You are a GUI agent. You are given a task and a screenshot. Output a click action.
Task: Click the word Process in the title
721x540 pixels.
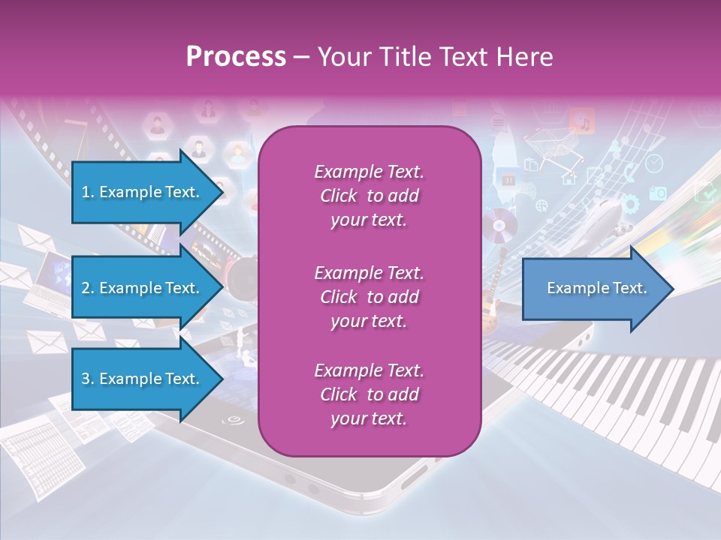[236, 56]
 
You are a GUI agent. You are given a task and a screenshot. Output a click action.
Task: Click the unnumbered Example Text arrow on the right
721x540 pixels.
[597, 289]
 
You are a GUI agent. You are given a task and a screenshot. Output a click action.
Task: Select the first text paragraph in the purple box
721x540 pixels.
[369, 196]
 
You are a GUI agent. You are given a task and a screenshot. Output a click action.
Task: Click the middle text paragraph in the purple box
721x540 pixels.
[369, 297]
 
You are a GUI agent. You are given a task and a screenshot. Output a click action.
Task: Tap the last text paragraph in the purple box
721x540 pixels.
[369, 394]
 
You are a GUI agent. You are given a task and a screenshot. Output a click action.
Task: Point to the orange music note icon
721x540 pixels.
[582, 121]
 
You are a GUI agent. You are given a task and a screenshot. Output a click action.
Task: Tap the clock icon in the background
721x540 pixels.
[654, 163]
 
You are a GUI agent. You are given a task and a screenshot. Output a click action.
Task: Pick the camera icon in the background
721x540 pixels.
[658, 193]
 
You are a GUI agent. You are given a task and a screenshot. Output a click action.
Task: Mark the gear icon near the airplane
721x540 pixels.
[630, 202]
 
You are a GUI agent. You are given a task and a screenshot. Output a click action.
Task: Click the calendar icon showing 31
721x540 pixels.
[508, 180]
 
